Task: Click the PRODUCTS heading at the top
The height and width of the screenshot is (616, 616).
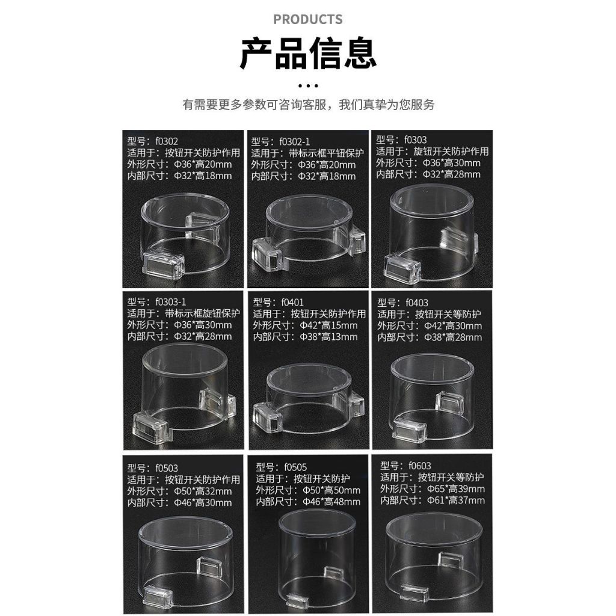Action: [307, 19]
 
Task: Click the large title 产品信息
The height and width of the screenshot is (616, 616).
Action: [308, 53]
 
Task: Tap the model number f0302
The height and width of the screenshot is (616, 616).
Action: [167, 141]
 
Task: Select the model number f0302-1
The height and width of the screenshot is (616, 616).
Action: [295, 142]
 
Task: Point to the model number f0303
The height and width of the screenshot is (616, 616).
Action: [416, 140]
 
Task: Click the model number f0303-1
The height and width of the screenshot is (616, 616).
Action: [171, 302]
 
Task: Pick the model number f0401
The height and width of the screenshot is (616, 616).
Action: [292, 303]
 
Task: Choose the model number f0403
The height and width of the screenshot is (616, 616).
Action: [417, 303]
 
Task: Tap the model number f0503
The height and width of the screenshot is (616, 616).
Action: [167, 468]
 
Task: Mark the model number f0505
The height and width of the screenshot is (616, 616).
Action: [296, 467]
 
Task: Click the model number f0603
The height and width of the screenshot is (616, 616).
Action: [420, 466]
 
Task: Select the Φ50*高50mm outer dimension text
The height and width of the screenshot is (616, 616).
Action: [331, 490]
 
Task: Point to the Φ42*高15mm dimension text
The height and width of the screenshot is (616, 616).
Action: [329, 325]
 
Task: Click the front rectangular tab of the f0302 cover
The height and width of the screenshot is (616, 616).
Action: [164, 265]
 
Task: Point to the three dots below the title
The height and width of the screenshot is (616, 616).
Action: [308, 85]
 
